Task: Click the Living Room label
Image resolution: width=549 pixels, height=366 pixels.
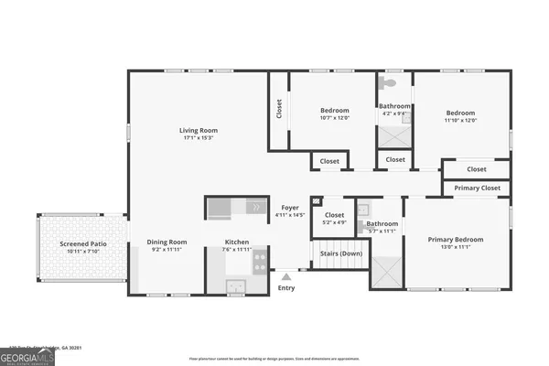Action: tap(198, 130)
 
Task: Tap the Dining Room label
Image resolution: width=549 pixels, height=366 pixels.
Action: tap(167, 242)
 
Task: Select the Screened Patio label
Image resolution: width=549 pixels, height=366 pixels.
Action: tap(82, 243)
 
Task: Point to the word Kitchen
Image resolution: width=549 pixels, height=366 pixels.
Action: tap(237, 242)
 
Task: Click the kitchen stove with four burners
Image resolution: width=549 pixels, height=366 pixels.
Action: tap(260, 263)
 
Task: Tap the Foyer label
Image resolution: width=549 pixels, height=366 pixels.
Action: tap(290, 208)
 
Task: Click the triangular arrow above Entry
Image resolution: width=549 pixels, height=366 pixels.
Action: tap(286, 274)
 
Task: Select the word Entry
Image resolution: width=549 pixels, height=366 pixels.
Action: tap(286, 288)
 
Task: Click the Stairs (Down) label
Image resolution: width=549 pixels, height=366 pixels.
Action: tap(338, 253)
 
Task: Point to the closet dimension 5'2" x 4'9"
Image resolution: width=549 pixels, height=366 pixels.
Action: tap(334, 222)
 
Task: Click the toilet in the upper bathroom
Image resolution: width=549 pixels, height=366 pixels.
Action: tap(392, 82)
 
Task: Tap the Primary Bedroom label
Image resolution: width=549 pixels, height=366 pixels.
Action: tap(456, 240)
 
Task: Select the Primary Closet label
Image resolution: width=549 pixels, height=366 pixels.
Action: tap(477, 188)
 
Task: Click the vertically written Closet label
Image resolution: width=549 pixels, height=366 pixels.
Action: tap(278, 109)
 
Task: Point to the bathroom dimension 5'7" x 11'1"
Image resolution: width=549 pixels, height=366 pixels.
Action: tap(382, 231)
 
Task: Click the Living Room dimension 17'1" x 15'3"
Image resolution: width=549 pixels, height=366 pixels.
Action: tap(198, 138)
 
